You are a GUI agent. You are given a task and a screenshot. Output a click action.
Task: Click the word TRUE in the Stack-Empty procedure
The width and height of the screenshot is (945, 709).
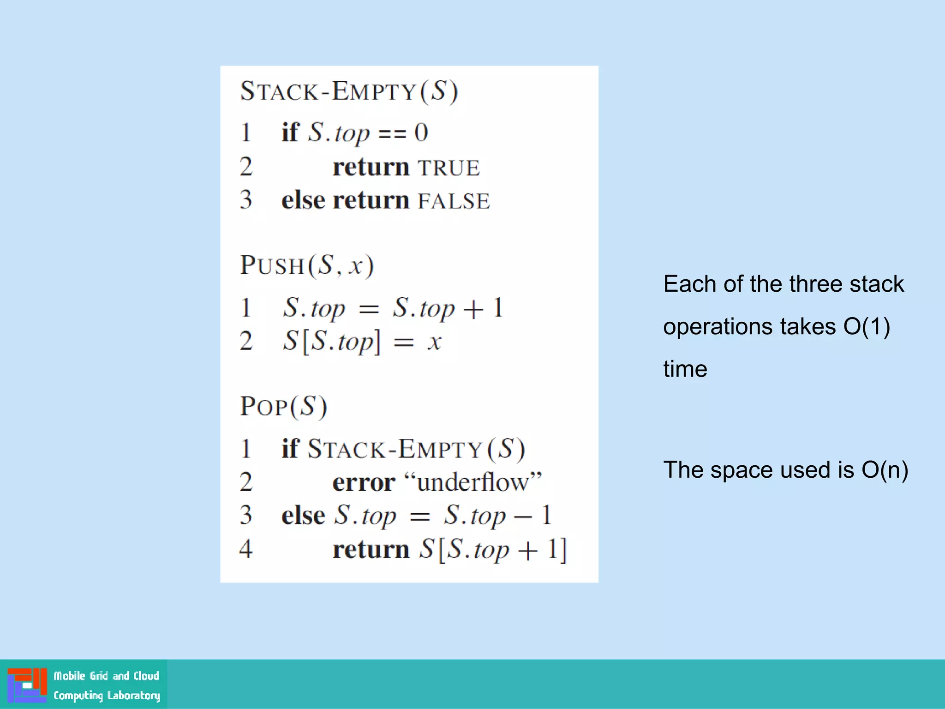[449, 168]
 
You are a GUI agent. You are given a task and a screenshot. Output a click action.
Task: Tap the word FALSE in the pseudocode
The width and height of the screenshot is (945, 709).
[454, 201]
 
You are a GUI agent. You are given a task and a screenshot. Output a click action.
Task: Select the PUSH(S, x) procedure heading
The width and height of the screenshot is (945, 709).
[307, 266]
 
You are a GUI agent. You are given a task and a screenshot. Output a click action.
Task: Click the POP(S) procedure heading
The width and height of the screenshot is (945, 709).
[283, 407]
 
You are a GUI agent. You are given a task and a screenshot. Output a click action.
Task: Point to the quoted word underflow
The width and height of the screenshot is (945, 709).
[472, 482]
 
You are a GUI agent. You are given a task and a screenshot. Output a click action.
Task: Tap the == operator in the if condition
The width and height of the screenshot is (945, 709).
[392, 134]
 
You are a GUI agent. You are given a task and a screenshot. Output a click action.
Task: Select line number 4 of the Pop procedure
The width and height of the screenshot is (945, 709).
[246, 549]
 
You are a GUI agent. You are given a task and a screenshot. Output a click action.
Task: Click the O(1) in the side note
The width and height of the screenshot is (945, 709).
[867, 327]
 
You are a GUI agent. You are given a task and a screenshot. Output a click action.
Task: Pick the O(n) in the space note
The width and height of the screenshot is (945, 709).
[885, 470]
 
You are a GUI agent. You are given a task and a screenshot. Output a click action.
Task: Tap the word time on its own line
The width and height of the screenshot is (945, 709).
[685, 369]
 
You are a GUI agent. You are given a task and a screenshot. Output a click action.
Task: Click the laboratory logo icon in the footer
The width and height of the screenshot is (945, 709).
[27, 685]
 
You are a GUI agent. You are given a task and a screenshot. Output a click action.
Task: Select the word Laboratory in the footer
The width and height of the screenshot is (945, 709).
[133, 695]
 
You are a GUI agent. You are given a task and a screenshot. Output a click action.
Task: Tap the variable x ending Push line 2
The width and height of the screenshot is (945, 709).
[434, 342]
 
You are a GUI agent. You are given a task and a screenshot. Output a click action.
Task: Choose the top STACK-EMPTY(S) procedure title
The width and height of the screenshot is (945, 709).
[349, 91]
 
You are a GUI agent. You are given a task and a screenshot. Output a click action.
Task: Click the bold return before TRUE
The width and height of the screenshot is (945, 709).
[371, 168]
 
